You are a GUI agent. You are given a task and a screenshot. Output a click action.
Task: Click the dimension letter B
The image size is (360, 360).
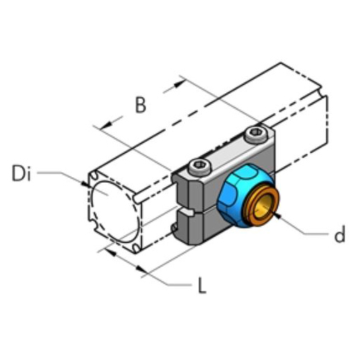point(140,105)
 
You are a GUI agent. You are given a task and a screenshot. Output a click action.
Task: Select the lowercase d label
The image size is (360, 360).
point(340,235)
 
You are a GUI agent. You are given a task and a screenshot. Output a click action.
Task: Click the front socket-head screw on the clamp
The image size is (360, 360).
point(200,167)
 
